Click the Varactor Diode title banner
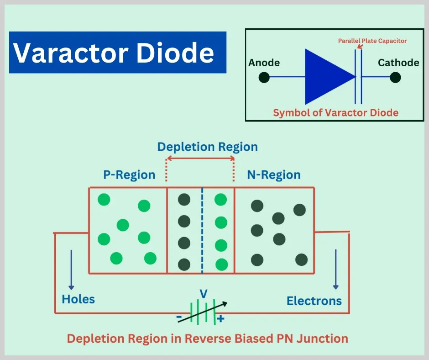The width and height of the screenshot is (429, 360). [x=117, y=53]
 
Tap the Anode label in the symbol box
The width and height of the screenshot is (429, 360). [x=264, y=63]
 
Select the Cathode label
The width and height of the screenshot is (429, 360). [x=398, y=63]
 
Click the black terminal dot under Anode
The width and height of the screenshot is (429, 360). [x=264, y=78]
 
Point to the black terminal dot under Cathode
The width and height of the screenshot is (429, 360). [x=395, y=78]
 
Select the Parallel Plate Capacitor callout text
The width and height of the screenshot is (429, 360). [x=372, y=41]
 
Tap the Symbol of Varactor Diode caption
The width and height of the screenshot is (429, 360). [x=335, y=112]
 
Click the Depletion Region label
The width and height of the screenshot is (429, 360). [x=207, y=147]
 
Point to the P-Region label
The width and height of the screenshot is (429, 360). [x=129, y=175]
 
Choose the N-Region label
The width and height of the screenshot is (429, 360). [x=274, y=175]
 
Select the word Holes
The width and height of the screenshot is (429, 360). [x=78, y=299]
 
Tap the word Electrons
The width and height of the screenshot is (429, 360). [x=314, y=301]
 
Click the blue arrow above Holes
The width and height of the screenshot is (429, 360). [x=71, y=270]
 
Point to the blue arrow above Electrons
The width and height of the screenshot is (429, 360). [x=336, y=270]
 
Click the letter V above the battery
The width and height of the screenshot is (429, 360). [x=204, y=294]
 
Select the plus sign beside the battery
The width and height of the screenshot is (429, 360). [x=221, y=319]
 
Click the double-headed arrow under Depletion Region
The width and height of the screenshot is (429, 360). [x=200, y=159]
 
